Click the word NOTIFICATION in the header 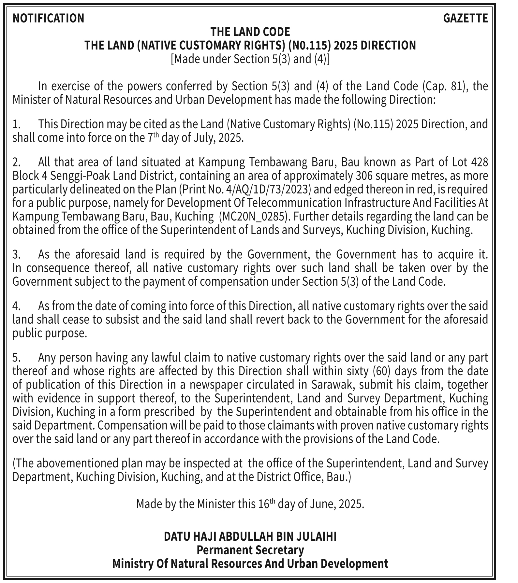pyautogui.click(x=48, y=18)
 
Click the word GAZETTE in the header pyautogui.click(x=465, y=18)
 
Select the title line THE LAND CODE pyautogui.click(x=250, y=32)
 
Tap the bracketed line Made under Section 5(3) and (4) pyautogui.click(x=250, y=59)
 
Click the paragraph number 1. pyautogui.click(x=17, y=124)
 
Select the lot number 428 pyautogui.click(x=479, y=162)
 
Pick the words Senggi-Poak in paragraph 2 pyautogui.click(x=70, y=176)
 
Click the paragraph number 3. pyautogui.click(x=17, y=254)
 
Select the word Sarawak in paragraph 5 pyautogui.click(x=329, y=385)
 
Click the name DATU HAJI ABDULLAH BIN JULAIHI pyautogui.click(x=250, y=536)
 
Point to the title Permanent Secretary pyautogui.click(x=250, y=550)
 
